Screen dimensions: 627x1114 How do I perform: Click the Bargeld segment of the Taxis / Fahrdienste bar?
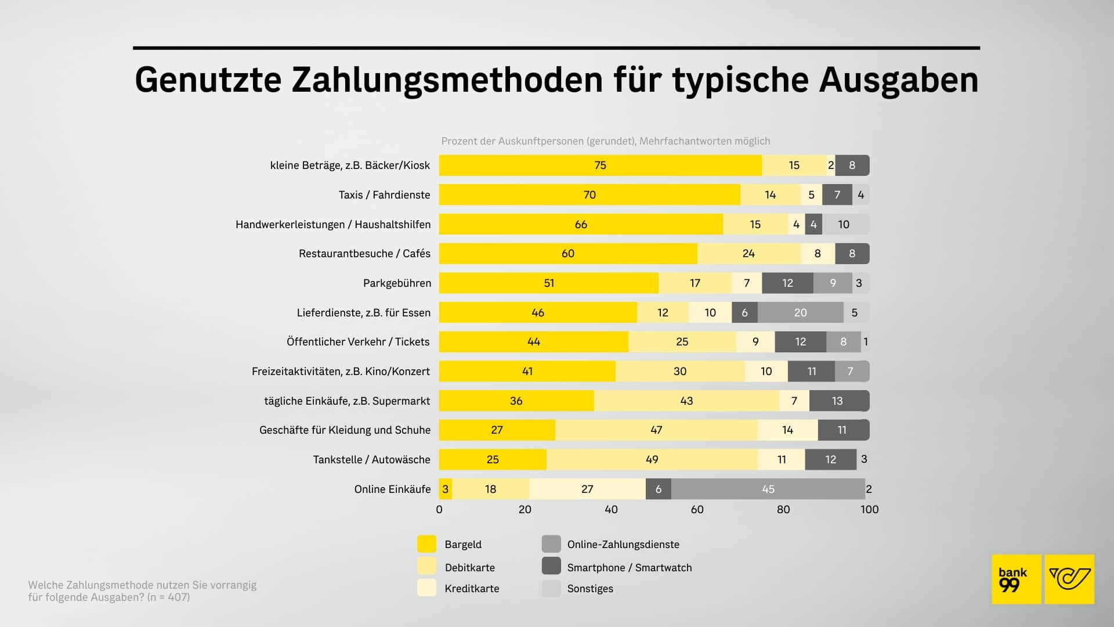[x=589, y=195]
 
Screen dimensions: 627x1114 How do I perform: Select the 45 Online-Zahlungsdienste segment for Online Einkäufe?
[x=768, y=489]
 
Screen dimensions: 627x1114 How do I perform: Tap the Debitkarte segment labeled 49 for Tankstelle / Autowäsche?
[x=652, y=460]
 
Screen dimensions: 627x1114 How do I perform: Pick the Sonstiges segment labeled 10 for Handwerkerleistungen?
[x=844, y=225]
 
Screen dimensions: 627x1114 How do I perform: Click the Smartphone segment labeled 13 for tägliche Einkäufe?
[x=837, y=401]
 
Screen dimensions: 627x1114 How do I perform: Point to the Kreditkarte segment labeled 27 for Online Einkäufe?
[x=587, y=489]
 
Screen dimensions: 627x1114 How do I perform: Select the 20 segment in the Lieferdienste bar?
[x=800, y=313]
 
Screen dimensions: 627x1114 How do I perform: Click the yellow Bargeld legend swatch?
[x=426, y=544]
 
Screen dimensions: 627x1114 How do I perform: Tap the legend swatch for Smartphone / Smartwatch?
[x=551, y=566]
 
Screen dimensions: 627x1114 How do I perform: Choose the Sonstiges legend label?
[x=590, y=589]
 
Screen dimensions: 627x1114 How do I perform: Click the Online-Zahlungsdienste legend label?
[x=623, y=545]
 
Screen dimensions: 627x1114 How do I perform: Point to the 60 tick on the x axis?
[x=697, y=510]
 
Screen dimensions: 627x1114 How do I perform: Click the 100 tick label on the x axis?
[x=869, y=510]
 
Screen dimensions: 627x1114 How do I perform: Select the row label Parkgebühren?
[x=397, y=283]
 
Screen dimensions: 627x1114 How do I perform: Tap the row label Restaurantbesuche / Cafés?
[x=364, y=254]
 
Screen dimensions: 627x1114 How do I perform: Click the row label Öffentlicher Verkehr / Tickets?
[x=358, y=342]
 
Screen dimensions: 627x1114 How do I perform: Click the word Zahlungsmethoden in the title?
[x=447, y=80]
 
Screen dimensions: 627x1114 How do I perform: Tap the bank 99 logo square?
[x=1016, y=579]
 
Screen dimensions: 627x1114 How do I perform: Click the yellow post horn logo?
[x=1069, y=579]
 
